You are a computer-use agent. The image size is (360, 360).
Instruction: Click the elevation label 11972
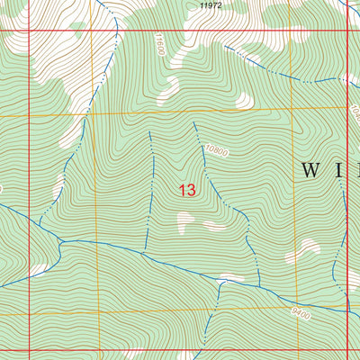211,5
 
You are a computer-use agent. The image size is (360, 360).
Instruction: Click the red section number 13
187,190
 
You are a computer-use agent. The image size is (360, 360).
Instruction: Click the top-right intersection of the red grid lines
346,30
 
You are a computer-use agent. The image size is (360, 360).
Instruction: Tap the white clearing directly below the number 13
186,220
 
